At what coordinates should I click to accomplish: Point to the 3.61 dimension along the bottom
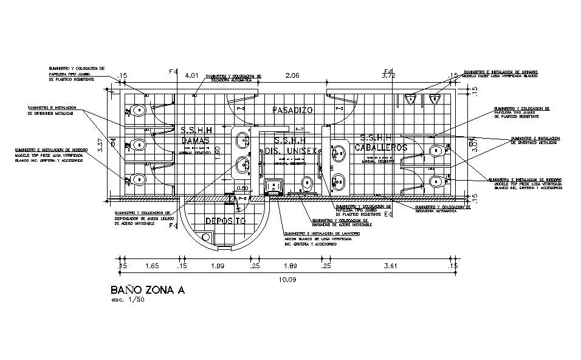389,266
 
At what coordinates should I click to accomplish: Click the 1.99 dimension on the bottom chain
216,266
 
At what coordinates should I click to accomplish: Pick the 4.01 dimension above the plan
192,75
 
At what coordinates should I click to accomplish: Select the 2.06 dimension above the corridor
294,75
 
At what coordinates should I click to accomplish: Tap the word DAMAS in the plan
196,140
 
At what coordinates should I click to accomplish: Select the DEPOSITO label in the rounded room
224,221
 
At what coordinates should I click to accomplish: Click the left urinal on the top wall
412,98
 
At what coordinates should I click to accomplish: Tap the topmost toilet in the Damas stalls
139,111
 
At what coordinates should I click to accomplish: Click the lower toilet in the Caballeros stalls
436,181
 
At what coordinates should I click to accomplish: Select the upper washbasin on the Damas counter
243,139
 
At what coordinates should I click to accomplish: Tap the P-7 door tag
299,130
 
